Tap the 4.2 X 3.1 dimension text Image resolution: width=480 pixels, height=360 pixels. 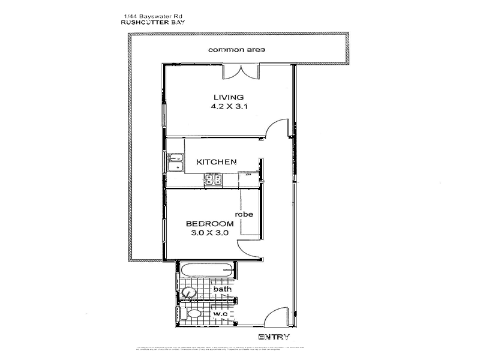tap(229, 108)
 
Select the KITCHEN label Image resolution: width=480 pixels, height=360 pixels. tap(217, 162)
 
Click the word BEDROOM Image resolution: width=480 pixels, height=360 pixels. tap(209, 223)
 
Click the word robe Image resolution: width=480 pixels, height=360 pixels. tap(243, 214)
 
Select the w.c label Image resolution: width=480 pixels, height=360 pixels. tap(220, 314)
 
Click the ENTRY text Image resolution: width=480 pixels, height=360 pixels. tap(274, 337)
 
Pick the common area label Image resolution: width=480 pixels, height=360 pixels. tap(236, 49)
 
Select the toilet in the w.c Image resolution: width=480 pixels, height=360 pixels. tap(193, 314)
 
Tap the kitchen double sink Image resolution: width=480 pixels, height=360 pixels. tap(175, 162)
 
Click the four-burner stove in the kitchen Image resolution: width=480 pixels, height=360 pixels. tap(213, 178)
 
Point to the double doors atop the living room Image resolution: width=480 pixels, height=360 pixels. tap(242, 72)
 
